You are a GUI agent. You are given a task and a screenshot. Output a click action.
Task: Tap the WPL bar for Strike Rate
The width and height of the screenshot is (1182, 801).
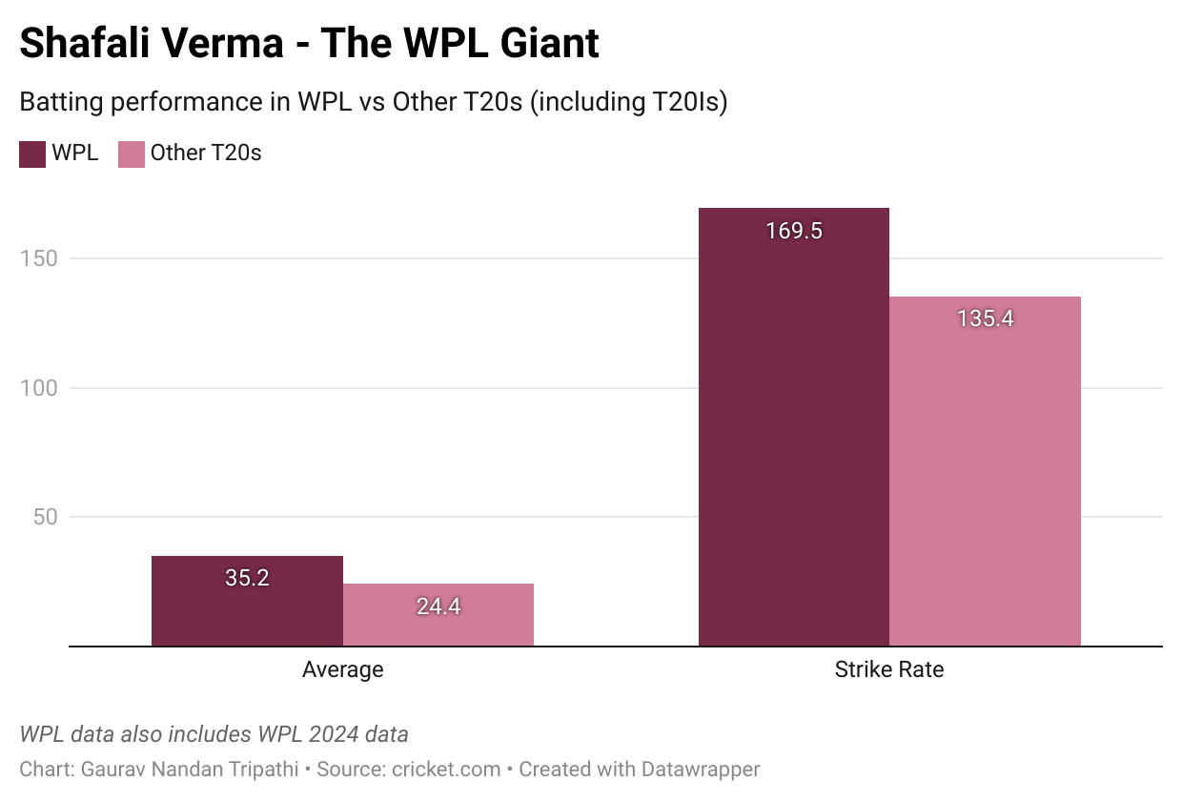(x=794, y=429)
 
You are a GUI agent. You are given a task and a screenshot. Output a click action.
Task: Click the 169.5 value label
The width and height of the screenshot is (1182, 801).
(x=794, y=231)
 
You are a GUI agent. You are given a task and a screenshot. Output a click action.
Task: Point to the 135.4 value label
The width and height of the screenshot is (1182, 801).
(x=985, y=318)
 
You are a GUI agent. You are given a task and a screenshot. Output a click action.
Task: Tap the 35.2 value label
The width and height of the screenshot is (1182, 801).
(x=247, y=578)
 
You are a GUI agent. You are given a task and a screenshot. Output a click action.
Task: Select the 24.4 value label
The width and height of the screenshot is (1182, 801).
(x=438, y=606)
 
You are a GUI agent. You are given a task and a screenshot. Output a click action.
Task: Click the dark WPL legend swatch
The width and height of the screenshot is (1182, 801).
(x=32, y=154)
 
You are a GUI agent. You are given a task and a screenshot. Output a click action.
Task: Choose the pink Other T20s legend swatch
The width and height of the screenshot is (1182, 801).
(x=132, y=154)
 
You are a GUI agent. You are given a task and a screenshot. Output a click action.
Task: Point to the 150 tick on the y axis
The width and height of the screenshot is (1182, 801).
(x=38, y=258)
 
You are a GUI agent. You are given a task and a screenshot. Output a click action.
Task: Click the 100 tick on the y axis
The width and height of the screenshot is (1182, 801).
(x=38, y=388)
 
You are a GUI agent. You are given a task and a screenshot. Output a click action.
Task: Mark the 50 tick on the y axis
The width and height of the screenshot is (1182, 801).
(x=44, y=517)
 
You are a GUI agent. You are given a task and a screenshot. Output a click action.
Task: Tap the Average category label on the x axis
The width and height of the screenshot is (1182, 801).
(x=342, y=669)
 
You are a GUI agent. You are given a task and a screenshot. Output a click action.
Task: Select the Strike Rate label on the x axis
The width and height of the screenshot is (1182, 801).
(x=889, y=669)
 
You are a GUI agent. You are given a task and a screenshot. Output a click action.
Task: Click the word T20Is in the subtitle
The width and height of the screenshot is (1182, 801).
(x=683, y=102)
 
